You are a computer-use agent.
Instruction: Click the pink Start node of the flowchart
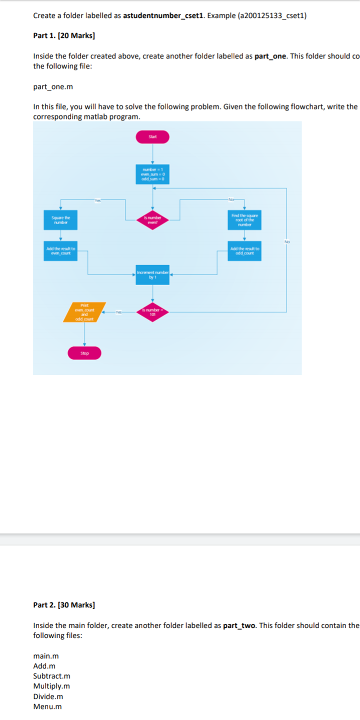(x=152, y=136)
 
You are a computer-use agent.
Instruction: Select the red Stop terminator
(x=84, y=353)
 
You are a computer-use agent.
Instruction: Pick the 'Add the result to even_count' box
(x=61, y=251)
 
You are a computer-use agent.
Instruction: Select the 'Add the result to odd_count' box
(x=244, y=251)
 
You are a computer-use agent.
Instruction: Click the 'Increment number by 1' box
(x=152, y=274)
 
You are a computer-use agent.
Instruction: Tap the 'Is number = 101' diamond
(x=152, y=312)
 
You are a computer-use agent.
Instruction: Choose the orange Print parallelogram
(x=84, y=312)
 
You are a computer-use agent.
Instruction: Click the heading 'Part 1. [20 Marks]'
(x=64, y=35)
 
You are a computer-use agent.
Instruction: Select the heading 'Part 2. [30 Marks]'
(x=64, y=605)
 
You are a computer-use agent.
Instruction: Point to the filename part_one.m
(x=53, y=86)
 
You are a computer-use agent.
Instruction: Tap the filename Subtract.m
(x=51, y=676)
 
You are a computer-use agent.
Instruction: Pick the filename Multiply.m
(x=51, y=686)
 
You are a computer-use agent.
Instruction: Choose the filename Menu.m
(x=47, y=706)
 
